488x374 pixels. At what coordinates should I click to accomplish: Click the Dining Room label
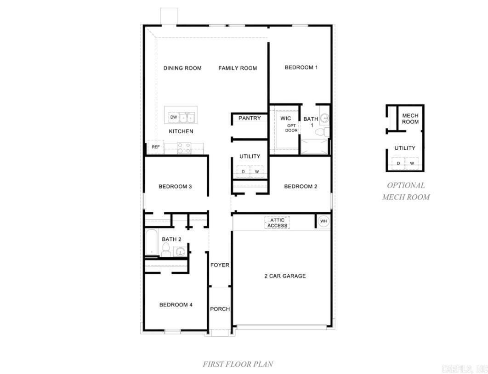coord(182,68)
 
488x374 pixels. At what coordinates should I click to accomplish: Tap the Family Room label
coord(238,68)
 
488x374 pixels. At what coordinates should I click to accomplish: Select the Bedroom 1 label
coord(301,68)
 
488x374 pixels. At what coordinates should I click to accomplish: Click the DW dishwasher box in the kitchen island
coord(173,118)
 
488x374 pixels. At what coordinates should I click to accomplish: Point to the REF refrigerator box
coord(156,147)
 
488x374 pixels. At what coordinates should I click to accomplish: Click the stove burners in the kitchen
coord(184,148)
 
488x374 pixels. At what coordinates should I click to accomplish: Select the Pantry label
coord(250,119)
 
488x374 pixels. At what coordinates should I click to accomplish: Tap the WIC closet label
coord(286,119)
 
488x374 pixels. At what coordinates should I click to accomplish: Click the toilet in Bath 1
coord(323,132)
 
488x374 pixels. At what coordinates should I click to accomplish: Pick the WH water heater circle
coord(323,221)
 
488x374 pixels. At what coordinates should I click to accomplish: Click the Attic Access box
coord(277,223)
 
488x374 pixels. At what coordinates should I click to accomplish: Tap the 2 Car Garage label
coord(285,276)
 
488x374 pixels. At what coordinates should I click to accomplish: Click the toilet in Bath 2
coord(166,250)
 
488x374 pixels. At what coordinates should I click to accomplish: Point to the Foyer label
coord(220,265)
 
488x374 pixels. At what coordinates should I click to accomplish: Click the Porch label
coord(220,309)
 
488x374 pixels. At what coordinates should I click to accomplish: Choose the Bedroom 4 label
coord(176,305)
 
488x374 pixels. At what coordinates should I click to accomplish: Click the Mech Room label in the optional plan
coord(410,119)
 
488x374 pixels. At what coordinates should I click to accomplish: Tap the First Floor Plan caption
coord(238,364)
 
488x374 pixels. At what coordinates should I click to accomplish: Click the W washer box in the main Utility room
coord(257,172)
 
